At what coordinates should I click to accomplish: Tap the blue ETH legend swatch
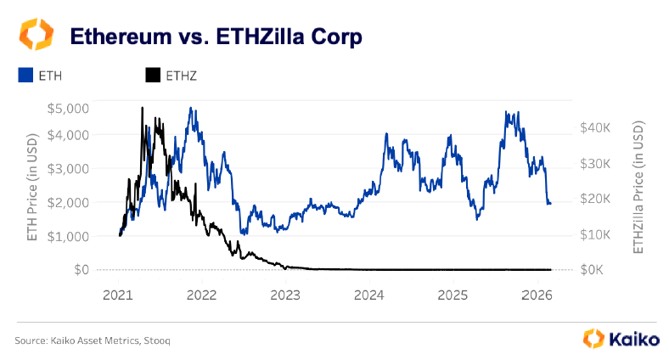(x=25, y=76)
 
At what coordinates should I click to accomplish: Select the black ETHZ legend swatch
(x=153, y=76)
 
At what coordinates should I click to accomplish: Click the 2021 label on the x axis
(x=119, y=295)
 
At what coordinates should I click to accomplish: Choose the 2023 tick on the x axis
(x=285, y=295)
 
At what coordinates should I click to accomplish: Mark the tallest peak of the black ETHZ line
(x=142, y=108)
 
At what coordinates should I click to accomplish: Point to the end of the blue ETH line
(x=550, y=204)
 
